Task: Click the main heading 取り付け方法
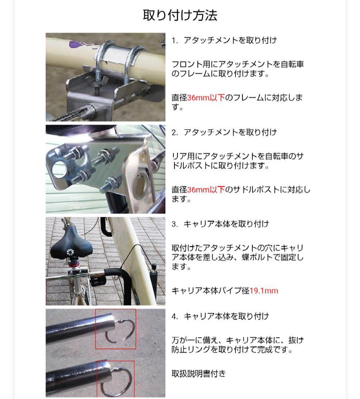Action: pyautogui.click(x=180, y=15)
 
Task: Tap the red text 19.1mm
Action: pyautogui.click(x=264, y=291)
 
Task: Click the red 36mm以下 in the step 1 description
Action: pyautogui.click(x=206, y=98)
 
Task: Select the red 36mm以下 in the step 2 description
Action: pyautogui.click(x=206, y=190)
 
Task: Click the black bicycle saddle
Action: pyautogui.click(x=71, y=245)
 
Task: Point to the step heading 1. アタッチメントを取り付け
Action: pyautogui.click(x=224, y=41)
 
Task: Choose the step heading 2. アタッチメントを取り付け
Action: pyautogui.click(x=224, y=132)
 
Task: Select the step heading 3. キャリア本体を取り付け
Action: pyautogui.click(x=220, y=224)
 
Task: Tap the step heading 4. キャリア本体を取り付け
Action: pyautogui.click(x=220, y=316)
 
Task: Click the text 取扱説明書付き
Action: pyautogui.click(x=198, y=374)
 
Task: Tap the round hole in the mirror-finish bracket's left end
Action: pyautogui.click(x=59, y=169)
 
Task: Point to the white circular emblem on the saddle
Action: pyautogui.click(x=70, y=252)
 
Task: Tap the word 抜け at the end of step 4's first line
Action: pyautogui.click(x=296, y=340)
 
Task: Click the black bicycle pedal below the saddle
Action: pyautogui.click(x=97, y=281)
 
